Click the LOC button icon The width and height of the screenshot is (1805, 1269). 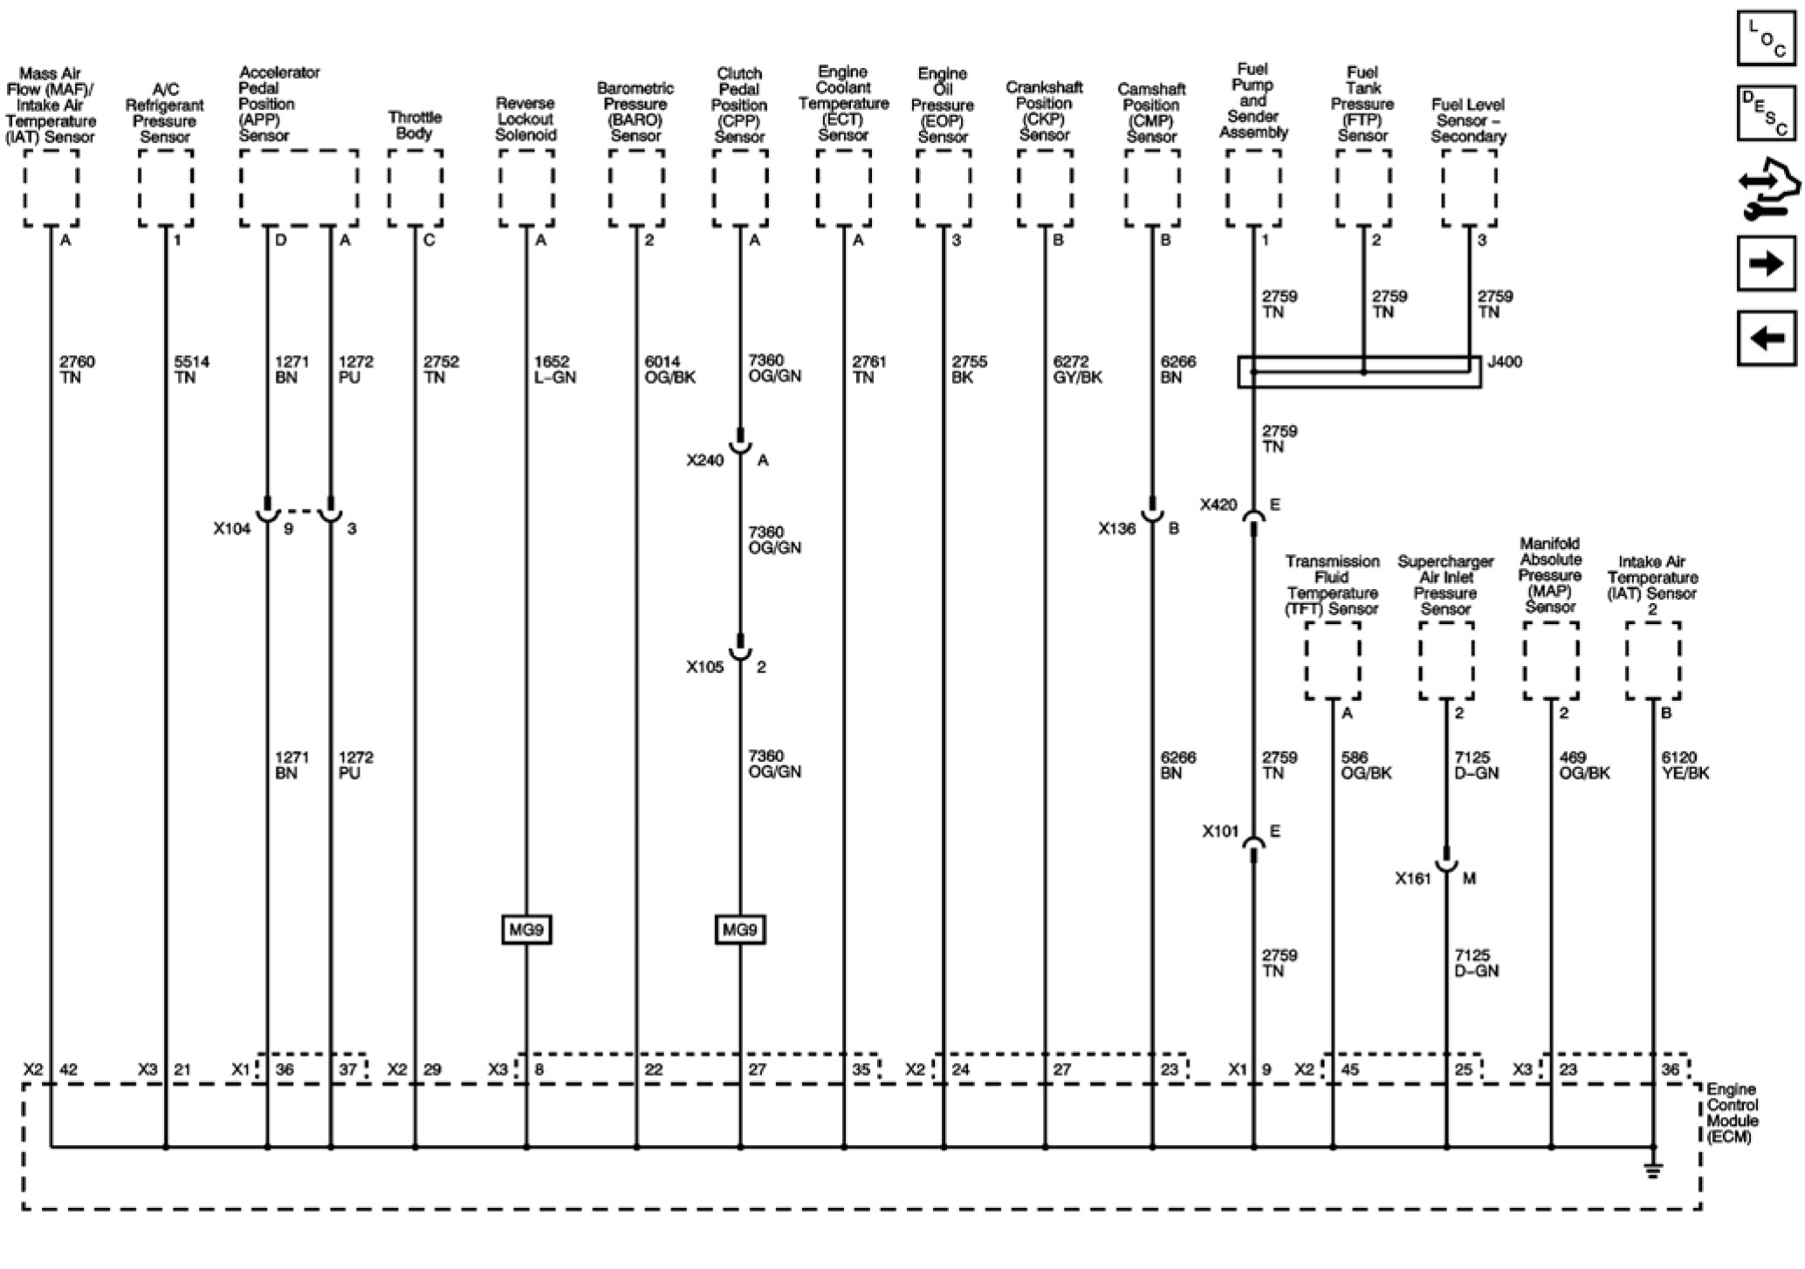click(1767, 38)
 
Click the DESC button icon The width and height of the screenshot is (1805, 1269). click(1767, 113)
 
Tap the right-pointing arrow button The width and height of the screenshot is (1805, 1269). click(1767, 263)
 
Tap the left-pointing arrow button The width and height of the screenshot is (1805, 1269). click(1767, 337)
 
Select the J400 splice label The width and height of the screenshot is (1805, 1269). click(1504, 361)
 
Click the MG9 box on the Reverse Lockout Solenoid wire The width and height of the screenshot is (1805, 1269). click(526, 930)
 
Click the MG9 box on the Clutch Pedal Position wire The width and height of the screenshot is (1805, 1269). click(739, 930)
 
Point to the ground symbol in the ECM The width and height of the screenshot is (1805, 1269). click(1652, 1170)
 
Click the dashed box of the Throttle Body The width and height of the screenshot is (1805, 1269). click(415, 188)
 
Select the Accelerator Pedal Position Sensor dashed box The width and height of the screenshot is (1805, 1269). click(299, 188)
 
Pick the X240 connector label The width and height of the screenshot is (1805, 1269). click(704, 461)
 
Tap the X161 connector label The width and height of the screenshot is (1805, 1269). click(1413, 879)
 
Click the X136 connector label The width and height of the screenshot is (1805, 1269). click(1116, 529)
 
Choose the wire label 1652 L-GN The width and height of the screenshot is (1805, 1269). click(554, 369)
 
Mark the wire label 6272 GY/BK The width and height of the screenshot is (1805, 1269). click(1078, 369)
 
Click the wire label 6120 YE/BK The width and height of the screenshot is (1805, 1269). click(1685, 765)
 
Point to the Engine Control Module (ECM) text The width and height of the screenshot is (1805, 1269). click(1733, 1113)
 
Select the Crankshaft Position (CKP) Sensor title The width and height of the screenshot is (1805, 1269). click(1044, 111)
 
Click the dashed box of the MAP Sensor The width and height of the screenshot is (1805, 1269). click(1551, 661)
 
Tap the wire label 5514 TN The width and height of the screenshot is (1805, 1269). click(191, 369)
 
